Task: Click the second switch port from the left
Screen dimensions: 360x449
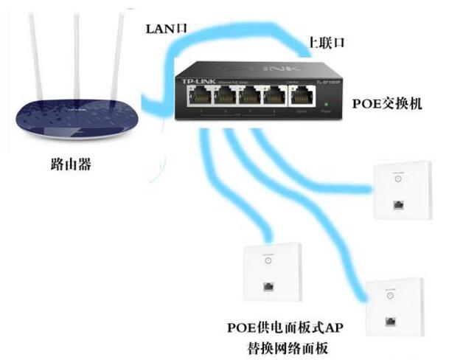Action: pyautogui.click(x=224, y=96)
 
